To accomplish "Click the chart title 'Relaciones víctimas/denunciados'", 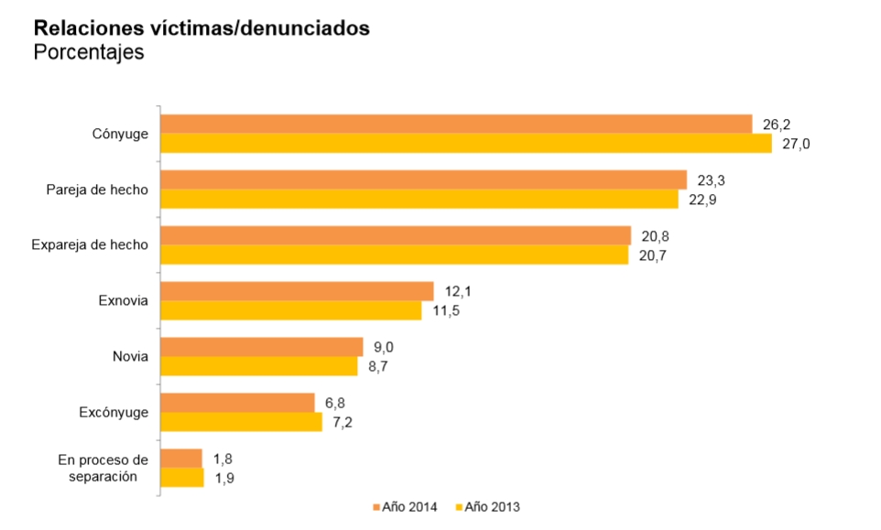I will click(x=201, y=28).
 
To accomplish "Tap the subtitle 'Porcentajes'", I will click(x=89, y=52).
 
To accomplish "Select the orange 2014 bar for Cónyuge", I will click(x=456, y=124).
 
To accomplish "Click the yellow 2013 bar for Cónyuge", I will click(x=466, y=144).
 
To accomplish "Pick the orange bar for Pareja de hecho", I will click(x=423, y=179).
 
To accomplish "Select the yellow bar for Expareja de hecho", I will click(x=394, y=255).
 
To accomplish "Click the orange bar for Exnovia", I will click(x=297, y=291).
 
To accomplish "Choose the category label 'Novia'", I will click(x=129, y=356).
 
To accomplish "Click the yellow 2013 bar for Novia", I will click(x=258, y=366).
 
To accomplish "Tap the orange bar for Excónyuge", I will click(x=237, y=403).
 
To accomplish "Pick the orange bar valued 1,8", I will click(x=180, y=459).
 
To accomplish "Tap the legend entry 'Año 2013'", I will click(x=493, y=506).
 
